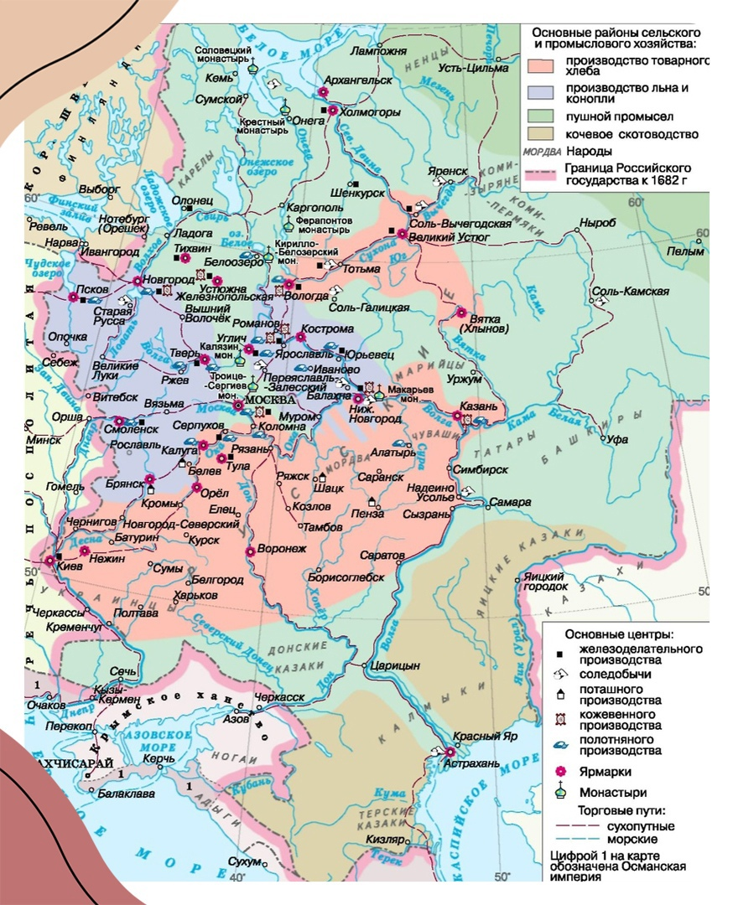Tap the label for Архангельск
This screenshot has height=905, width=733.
362,80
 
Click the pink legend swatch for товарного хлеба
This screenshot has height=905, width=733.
544,65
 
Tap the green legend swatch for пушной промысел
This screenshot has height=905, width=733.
544,116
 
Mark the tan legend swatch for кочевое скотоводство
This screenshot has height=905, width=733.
544,134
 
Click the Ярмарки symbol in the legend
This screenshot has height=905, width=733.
559,772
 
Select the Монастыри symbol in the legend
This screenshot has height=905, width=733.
559,792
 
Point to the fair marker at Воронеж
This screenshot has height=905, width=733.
250,551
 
